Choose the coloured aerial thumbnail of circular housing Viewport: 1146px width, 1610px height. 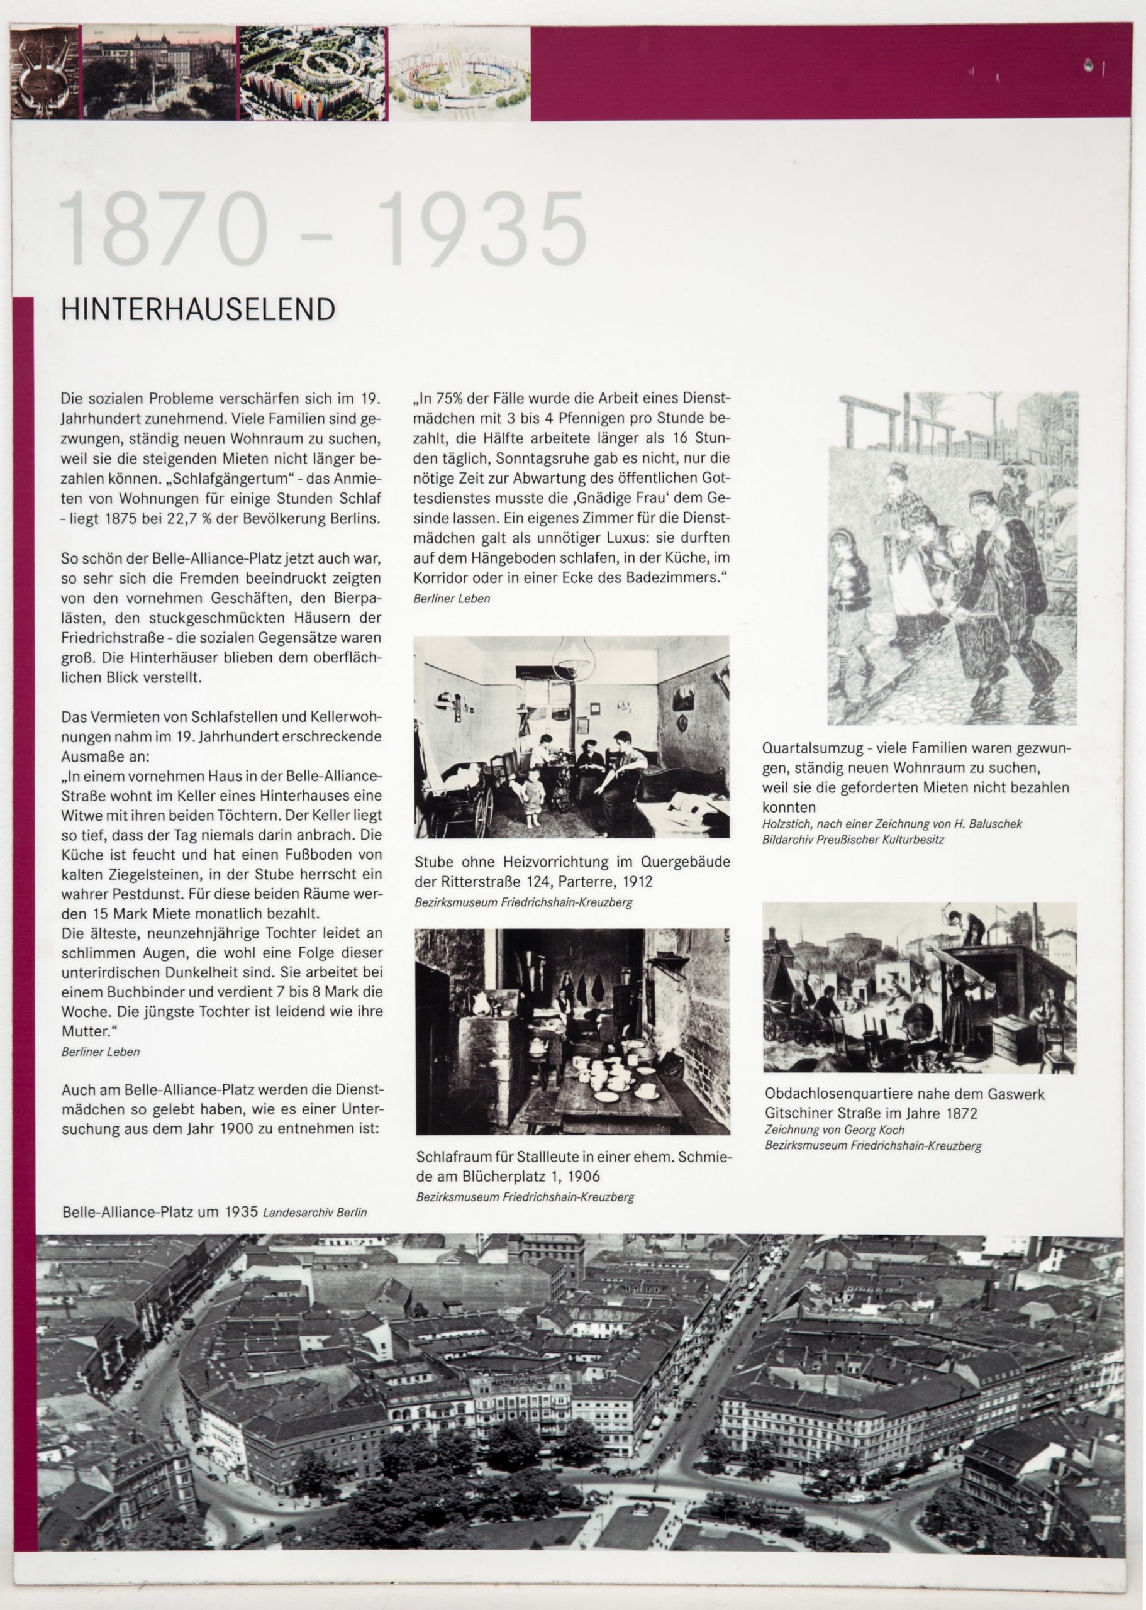point(311,73)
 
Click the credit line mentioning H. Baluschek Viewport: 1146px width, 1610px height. point(892,823)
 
